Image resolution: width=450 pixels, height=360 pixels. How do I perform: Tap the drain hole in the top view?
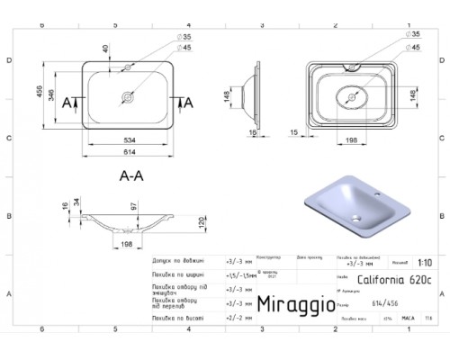click(126, 95)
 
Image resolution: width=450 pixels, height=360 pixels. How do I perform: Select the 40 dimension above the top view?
click(107, 49)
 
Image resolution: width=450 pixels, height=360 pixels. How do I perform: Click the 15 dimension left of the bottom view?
click(294, 132)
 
